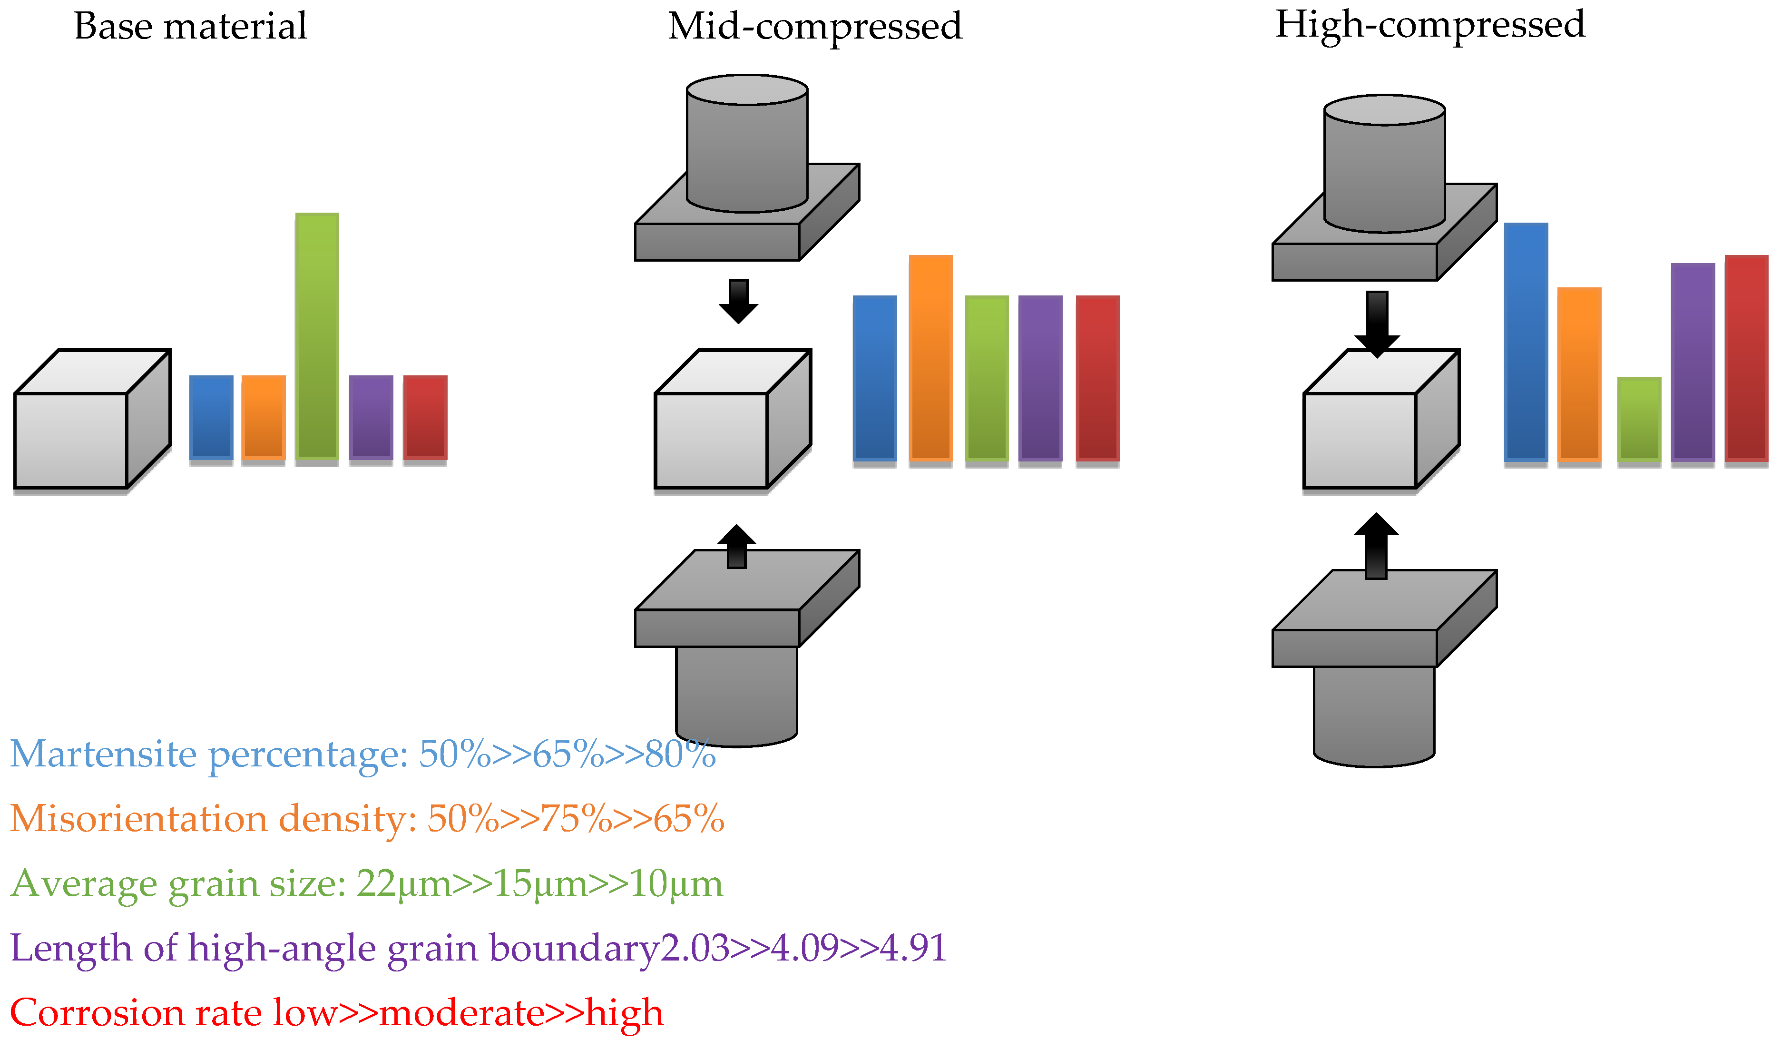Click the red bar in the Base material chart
coord(425,417)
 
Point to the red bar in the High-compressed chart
coord(1746,358)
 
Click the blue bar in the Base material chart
coord(211,417)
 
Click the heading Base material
coord(190,27)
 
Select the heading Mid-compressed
coord(814,27)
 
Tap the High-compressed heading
coord(1430,25)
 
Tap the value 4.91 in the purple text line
coord(912,948)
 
